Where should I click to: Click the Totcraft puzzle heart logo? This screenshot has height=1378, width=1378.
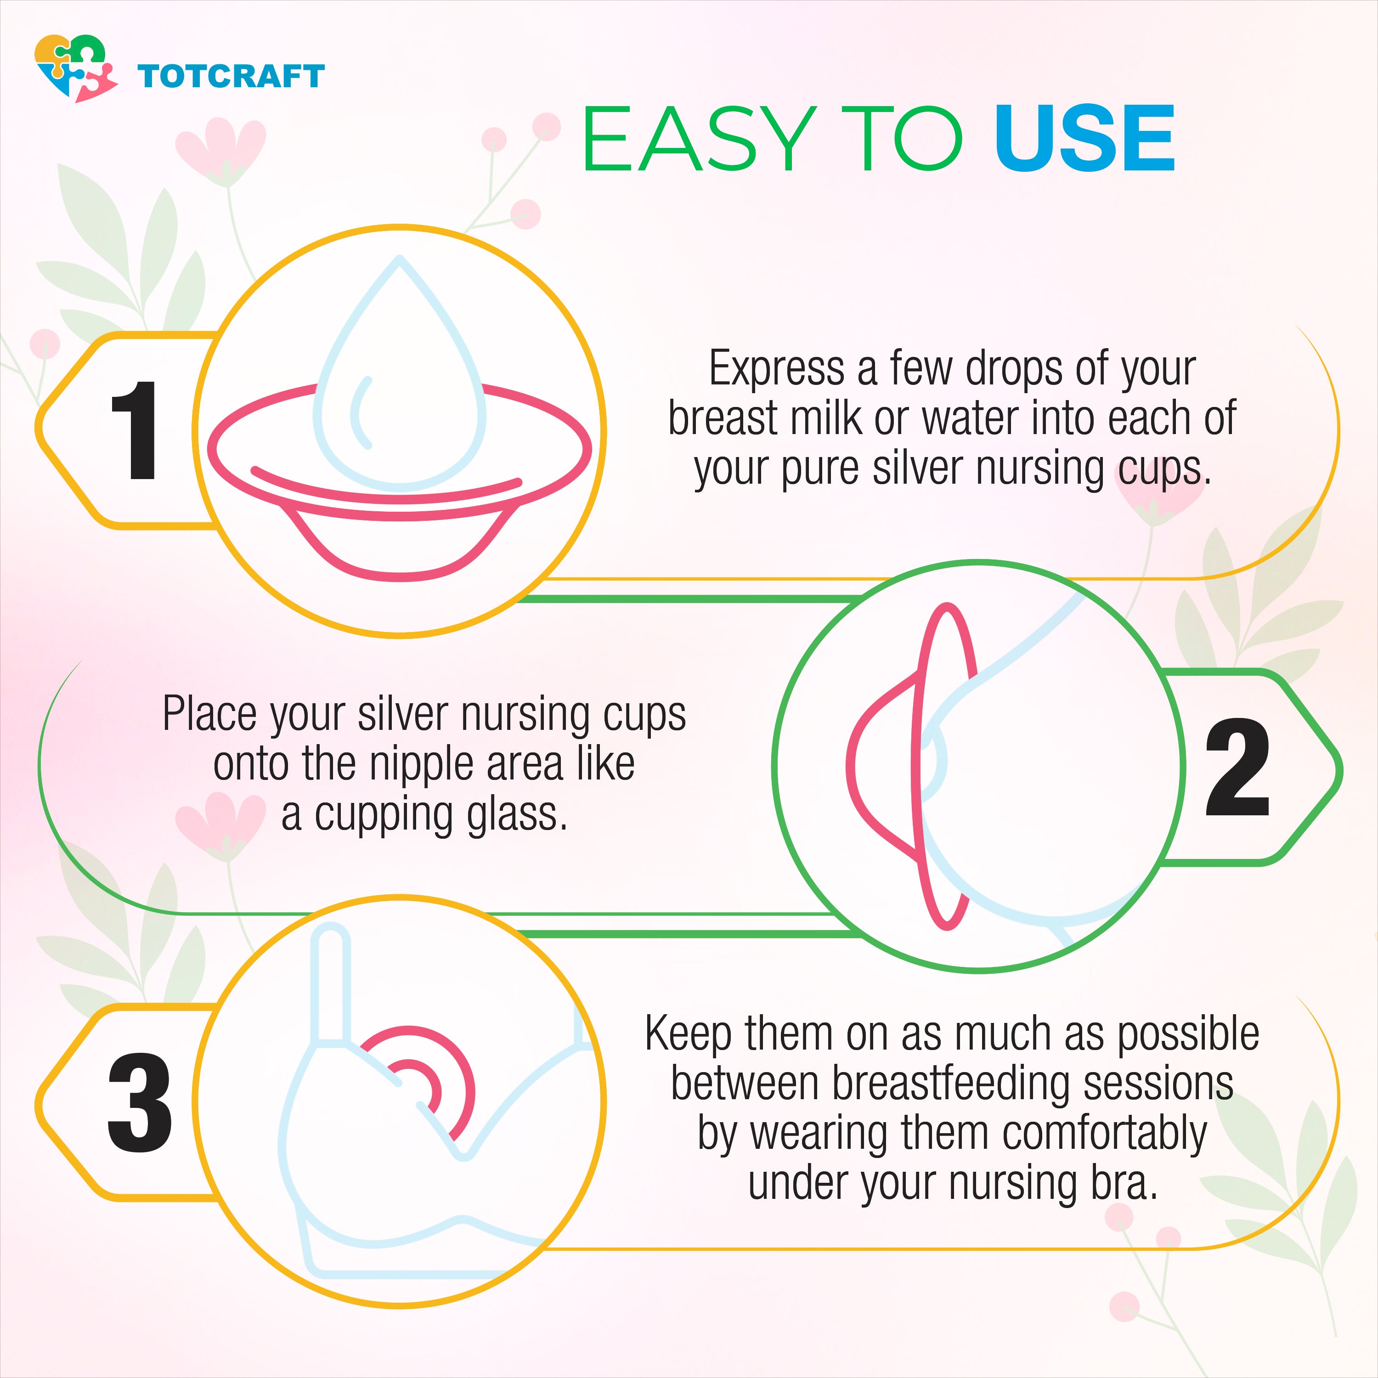(x=76, y=68)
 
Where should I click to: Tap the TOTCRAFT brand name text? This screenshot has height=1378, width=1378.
(x=231, y=76)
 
